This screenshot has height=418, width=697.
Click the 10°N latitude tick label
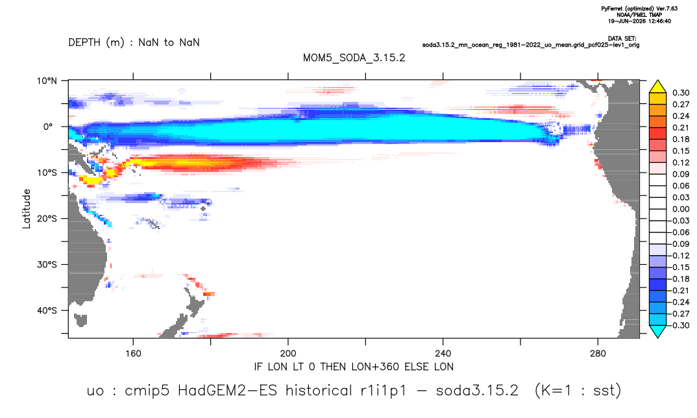coord(47,81)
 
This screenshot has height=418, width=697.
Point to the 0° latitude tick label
coord(49,127)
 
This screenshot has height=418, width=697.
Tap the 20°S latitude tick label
coord(47,219)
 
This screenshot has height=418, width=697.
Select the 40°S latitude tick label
coord(47,310)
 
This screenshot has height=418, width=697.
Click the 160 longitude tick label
coord(133,354)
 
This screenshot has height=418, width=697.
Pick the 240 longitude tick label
coord(443,354)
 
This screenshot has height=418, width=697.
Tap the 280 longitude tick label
coord(598,354)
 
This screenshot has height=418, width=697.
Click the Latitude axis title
coord(27,209)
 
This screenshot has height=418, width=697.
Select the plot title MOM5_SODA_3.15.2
coord(354,58)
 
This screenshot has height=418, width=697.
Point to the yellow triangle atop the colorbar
coord(657,86)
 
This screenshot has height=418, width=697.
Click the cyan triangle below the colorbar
coord(657,332)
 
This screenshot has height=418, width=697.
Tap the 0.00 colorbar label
coord(681,209)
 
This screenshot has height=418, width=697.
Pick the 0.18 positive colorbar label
coord(681,139)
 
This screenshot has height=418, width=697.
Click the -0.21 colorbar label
coord(679,290)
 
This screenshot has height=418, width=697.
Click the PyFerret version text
coord(639,8)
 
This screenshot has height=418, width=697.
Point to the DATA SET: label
coord(622,39)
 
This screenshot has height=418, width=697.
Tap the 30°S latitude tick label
coord(47,265)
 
